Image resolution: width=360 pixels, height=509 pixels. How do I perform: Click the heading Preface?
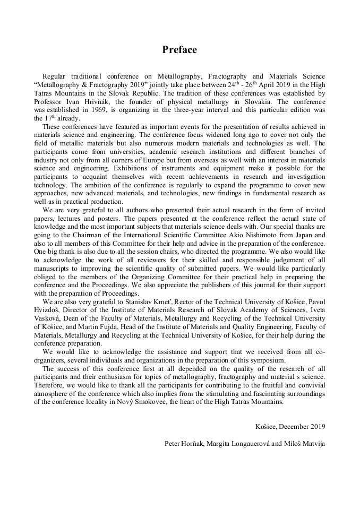pos(179,50)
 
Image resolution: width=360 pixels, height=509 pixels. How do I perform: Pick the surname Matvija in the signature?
pos(312,443)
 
